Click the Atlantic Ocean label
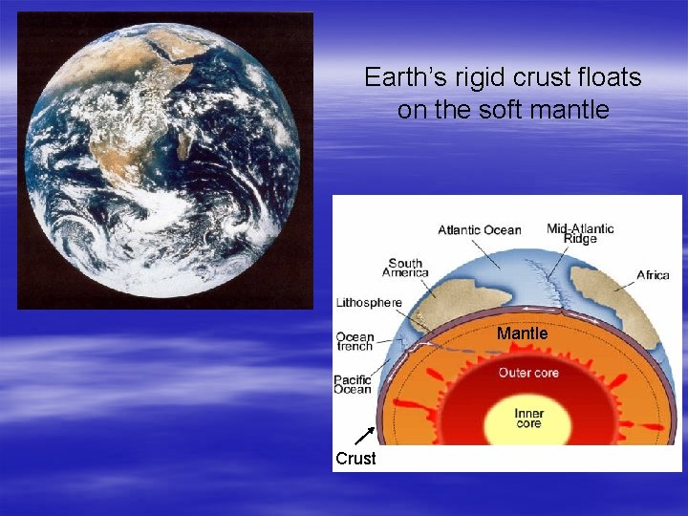pyautogui.click(x=480, y=229)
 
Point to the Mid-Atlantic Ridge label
pyautogui.click(x=580, y=233)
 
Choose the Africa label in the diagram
pyautogui.click(x=654, y=275)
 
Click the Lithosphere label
pyautogui.click(x=369, y=303)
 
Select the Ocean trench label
pyautogui.click(x=355, y=341)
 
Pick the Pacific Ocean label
pyautogui.click(x=353, y=384)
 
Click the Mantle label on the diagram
pyautogui.click(x=522, y=333)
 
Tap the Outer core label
pyautogui.click(x=527, y=373)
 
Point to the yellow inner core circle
pyautogui.click(x=527, y=420)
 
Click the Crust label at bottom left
pyautogui.click(x=355, y=459)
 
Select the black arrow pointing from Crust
pyautogui.click(x=363, y=437)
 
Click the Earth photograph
pyautogui.click(x=163, y=160)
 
